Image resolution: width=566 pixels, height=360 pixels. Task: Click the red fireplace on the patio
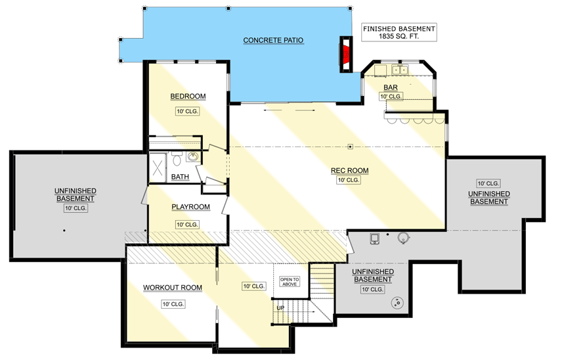click(344, 52)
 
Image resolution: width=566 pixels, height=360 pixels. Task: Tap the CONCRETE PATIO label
click(273, 40)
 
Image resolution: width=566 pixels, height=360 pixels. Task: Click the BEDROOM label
click(188, 97)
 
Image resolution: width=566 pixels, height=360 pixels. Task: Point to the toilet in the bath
click(176, 158)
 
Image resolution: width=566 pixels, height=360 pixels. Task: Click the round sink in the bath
click(192, 156)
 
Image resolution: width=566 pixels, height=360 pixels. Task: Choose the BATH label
click(180, 177)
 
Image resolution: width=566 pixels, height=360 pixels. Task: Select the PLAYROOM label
click(190, 207)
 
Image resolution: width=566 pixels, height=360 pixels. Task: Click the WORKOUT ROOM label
click(173, 288)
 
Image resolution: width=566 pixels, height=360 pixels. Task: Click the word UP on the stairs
click(280, 307)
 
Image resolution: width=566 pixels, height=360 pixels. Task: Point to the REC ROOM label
click(350, 171)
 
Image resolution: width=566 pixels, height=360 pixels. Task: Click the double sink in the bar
click(400, 70)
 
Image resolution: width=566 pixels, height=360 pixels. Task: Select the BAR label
click(391, 86)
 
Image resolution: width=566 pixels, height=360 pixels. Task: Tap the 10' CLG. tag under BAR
click(391, 97)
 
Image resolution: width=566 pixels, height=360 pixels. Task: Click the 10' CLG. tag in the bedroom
click(188, 111)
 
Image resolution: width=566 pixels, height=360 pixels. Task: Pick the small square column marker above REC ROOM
click(351, 146)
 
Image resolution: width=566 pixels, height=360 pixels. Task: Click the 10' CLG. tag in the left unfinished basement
click(76, 209)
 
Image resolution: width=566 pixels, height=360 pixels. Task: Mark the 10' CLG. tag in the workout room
click(173, 304)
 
